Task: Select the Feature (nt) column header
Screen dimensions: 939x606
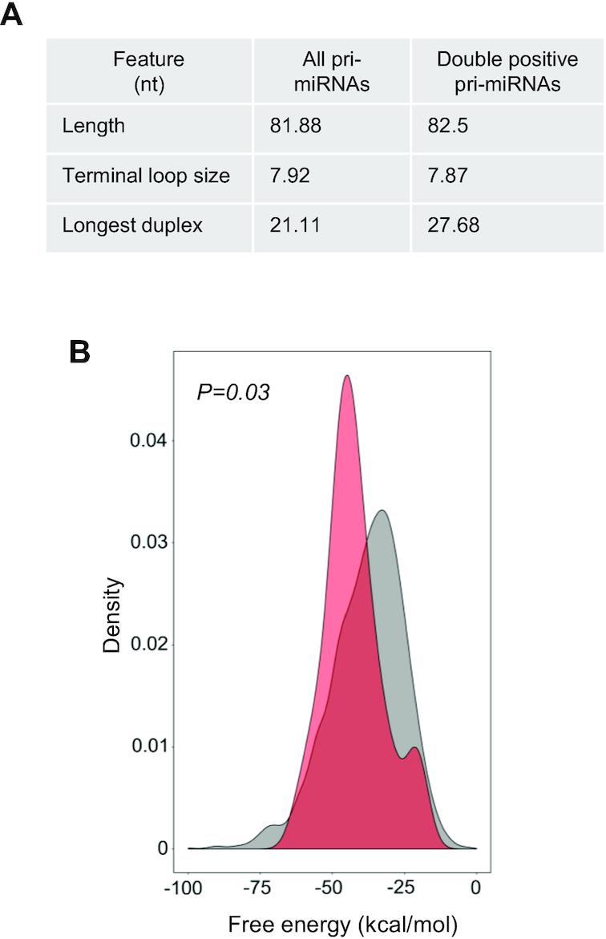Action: (148, 71)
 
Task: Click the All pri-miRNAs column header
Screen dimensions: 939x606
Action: (331, 71)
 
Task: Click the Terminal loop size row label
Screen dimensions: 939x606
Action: (145, 176)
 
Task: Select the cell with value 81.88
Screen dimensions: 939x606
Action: (296, 126)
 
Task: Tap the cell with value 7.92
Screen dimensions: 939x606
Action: (290, 176)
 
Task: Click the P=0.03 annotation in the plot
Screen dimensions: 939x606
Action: (233, 393)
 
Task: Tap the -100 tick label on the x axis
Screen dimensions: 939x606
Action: (187, 888)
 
